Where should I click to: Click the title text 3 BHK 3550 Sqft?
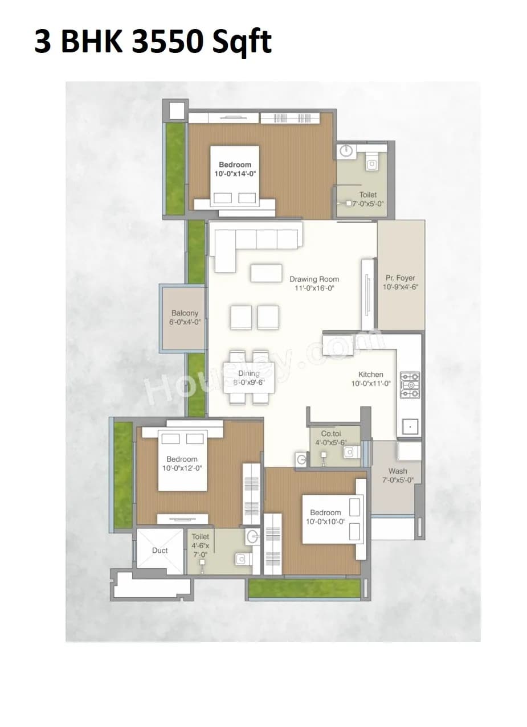click(x=153, y=42)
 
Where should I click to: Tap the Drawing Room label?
click(x=314, y=280)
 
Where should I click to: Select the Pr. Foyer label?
click(x=401, y=278)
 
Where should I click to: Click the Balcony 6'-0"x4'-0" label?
click(x=185, y=317)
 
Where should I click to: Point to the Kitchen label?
click(x=370, y=375)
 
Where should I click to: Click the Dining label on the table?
click(x=248, y=373)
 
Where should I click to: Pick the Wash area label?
click(x=398, y=471)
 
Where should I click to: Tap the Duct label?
click(x=160, y=551)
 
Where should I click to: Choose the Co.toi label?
click(x=330, y=433)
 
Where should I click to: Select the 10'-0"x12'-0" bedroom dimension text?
click(x=182, y=469)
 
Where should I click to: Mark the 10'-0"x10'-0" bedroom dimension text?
click(x=325, y=521)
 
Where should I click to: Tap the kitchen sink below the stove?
click(x=410, y=426)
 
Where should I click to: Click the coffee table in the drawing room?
click(x=266, y=273)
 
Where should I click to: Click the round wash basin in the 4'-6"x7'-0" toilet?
click(x=252, y=536)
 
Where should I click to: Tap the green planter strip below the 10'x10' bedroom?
click(x=304, y=589)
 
